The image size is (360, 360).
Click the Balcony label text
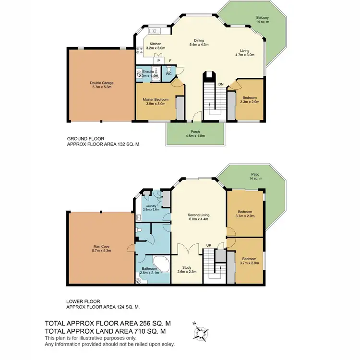tap(262, 18)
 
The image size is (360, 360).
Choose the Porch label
tap(195, 132)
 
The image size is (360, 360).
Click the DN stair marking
tap(221, 84)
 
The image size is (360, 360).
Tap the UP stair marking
tap(208, 245)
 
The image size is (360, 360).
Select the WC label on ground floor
tap(169, 73)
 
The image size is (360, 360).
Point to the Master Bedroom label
tap(155, 99)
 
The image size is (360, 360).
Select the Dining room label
tap(199, 40)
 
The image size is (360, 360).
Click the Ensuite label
tap(147, 72)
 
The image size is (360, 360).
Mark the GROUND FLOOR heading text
tap(85, 139)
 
